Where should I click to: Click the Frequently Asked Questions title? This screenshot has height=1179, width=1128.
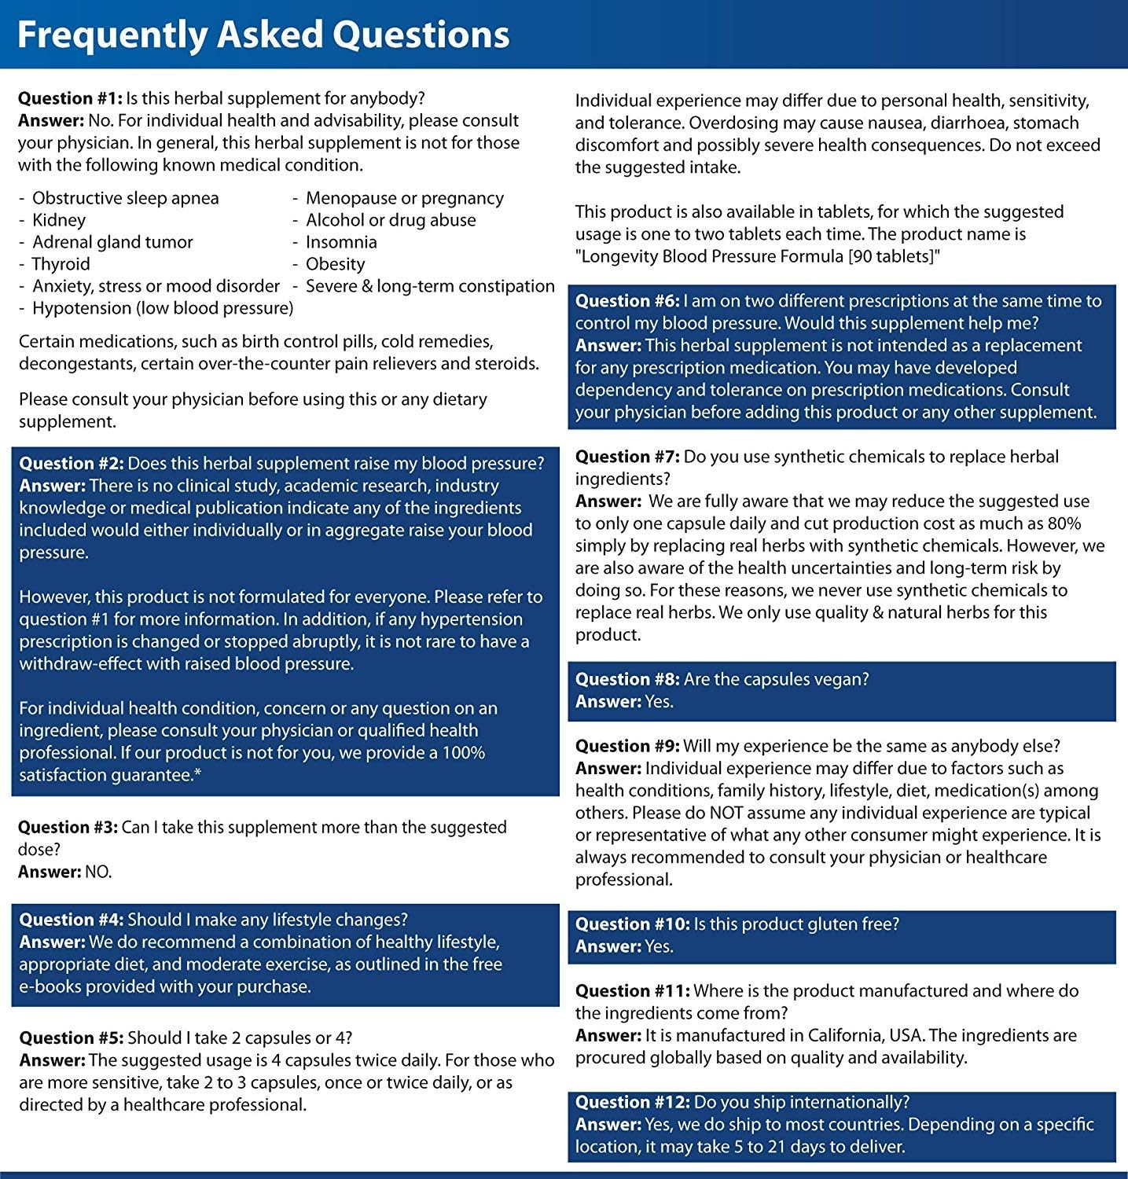coord(263,35)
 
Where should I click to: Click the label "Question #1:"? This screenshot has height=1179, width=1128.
coord(70,98)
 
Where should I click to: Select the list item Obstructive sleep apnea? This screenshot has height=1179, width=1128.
coord(126,198)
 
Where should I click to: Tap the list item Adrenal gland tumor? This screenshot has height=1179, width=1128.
coord(112,242)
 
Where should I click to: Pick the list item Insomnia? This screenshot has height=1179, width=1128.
coord(341,242)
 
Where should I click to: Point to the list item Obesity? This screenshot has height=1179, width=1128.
coord(336,264)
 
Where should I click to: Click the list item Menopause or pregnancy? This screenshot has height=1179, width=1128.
coord(405,198)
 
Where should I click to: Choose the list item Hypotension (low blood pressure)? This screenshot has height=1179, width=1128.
coord(163,308)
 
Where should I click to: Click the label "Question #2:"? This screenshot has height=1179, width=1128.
coord(71,464)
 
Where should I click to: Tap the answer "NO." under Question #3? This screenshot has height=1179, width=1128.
coord(98,872)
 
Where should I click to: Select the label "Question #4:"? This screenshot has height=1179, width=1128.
coord(71,920)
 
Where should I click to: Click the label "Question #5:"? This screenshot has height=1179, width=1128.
coord(71,1038)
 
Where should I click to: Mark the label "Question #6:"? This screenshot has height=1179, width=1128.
coord(626,301)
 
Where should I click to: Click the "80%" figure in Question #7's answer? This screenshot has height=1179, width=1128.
coord(1064,523)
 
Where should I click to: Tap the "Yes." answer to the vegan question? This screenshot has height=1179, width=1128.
coord(660,702)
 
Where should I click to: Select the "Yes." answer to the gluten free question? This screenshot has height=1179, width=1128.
coord(660,946)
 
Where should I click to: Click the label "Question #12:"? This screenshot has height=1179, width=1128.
coord(632,1103)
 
